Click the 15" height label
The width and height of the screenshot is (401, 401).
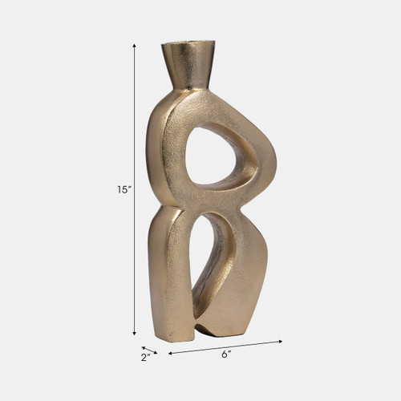pyautogui.click(x=123, y=190)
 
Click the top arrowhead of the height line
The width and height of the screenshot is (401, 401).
pyautogui.click(x=134, y=47)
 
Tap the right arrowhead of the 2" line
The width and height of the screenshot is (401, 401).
pyautogui.click(x=156, y=352)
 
